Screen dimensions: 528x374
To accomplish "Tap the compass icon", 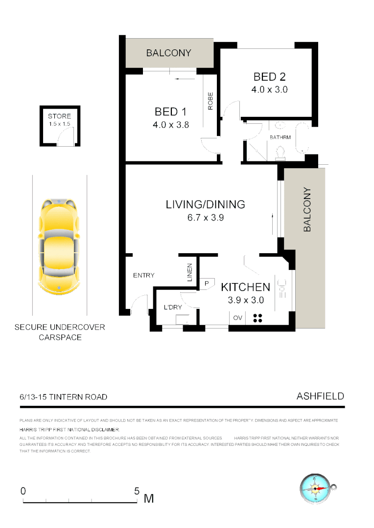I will tap(316, 488).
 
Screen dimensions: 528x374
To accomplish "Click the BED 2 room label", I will tap(269, 77).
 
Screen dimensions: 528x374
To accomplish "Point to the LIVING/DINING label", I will tap(205, 204).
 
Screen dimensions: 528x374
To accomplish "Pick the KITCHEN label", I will tap(245, 287).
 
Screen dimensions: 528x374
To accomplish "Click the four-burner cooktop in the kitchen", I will tap(258, 318).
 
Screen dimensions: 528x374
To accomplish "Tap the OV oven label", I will tap(238, 318).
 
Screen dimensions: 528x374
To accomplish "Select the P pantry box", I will tap(207, 283).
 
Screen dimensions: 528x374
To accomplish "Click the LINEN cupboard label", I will tap(190, 273).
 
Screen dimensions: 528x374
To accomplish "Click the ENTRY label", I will tap(144, 275).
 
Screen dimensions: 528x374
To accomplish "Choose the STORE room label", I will tap(59, 116).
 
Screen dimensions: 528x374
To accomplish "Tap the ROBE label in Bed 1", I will tap(210, 101).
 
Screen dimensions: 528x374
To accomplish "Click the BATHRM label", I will tap(280, 137).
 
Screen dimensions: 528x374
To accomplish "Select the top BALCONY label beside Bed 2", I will tap(168, 53).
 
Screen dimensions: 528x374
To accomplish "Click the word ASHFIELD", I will tap(320, 396).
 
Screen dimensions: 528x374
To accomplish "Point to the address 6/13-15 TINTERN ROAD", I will tap(63, 397).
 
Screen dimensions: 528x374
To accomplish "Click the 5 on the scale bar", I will tap(137, 491).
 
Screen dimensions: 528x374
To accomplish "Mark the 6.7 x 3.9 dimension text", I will tap(205, 218).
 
